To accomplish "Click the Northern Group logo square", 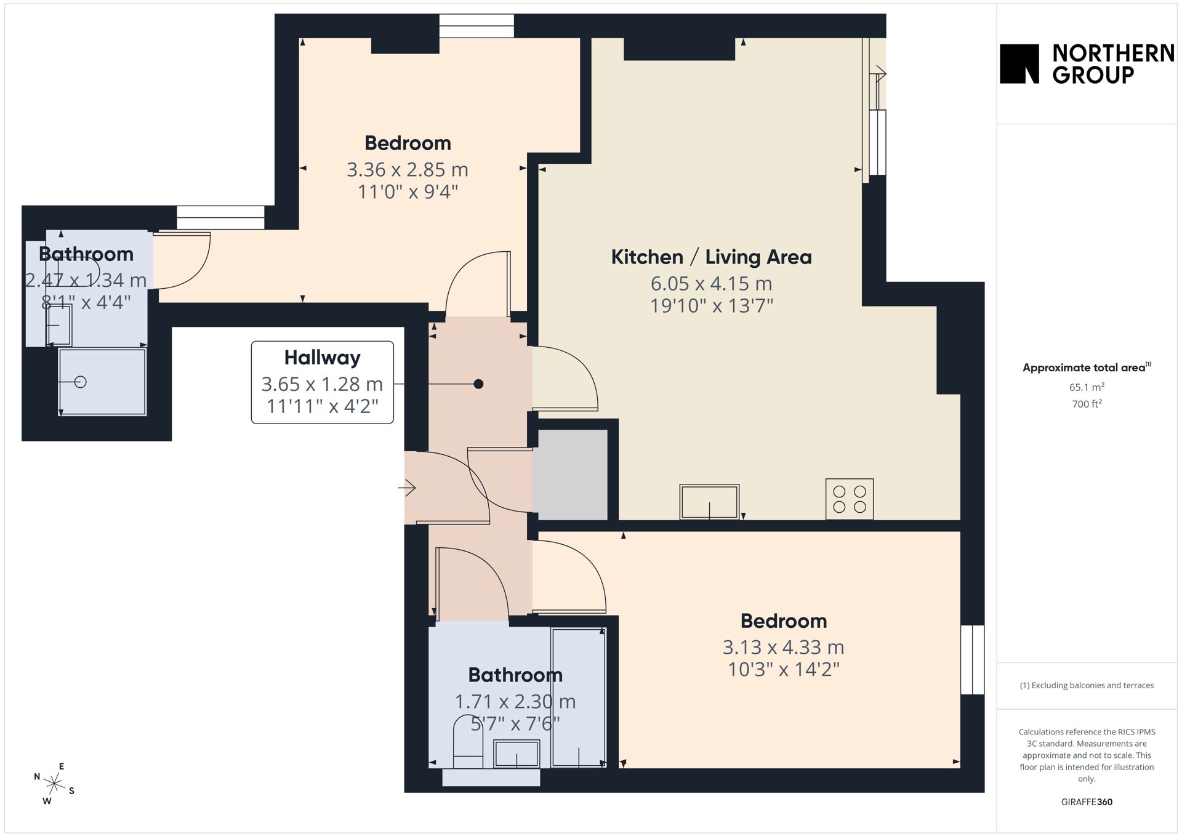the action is [x=1019, y=63].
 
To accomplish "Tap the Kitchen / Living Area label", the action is [x=711, y=257].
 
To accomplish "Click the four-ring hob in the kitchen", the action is [x=850, y=499].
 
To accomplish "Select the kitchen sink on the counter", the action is [x=709, y=502].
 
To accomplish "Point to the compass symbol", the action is [x=54, y=784].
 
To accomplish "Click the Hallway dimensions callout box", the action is [x=322, y=382].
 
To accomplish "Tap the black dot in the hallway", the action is [x=478, y=384].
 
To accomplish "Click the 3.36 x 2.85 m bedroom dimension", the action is [x=408, y=169].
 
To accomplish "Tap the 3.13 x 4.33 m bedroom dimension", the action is [x=783, y=647].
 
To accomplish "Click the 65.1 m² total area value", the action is [x=1087, y=387].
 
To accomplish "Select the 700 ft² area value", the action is [x=1087, y=404].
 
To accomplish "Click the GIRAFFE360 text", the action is [x=1087, y=802].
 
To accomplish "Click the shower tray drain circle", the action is [x=80, y=382].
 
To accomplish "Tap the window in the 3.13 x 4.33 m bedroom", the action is [x=973, y=659].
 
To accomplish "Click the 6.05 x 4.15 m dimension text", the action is [x=711, y=283].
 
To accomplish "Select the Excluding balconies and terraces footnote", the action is [x=1087, y=685].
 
